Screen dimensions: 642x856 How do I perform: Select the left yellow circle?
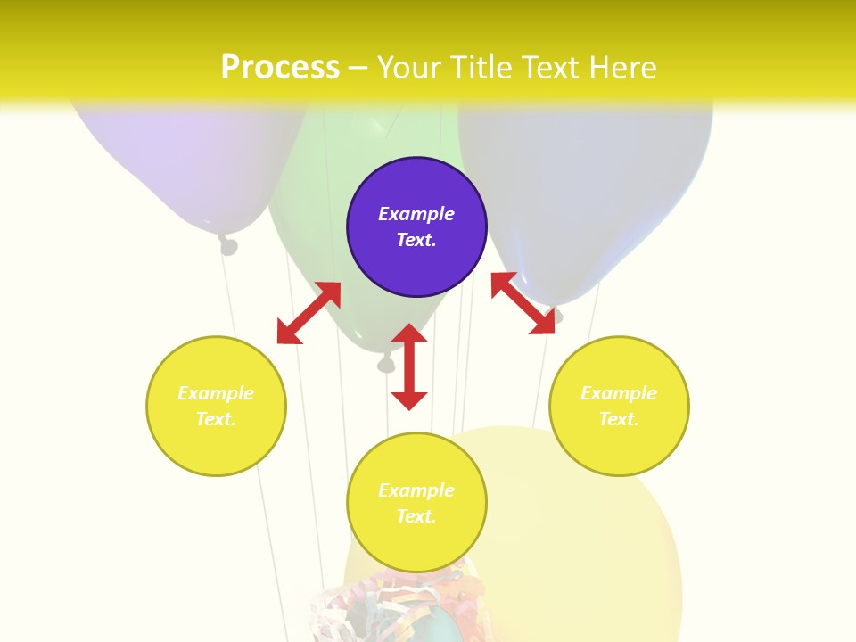point(216,406)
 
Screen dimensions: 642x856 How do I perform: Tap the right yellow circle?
point(619,406)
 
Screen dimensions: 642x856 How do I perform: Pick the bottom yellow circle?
point(416,503)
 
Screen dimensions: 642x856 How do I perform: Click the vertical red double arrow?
point(409,366)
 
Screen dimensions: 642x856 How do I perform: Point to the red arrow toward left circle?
point(309,313)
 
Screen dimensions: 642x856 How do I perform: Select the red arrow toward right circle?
point(523,303)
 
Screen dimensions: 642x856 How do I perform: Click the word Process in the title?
point(280,67)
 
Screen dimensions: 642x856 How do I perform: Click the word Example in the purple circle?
point(416,214)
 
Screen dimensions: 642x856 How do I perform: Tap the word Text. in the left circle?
point(216,419)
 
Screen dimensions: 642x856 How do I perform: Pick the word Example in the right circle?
point(619,393)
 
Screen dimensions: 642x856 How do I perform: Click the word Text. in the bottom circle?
point(416,516)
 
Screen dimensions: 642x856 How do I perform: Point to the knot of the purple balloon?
point(228,244)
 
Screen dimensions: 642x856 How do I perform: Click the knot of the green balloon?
point(386,363)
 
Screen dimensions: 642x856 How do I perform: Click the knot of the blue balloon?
point(557,315)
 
